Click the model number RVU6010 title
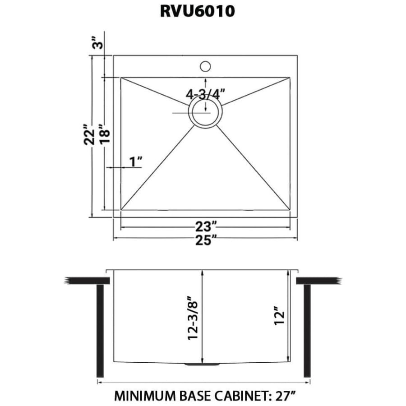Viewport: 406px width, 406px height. tap(197, 11)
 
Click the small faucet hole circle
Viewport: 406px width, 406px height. tap(205, 66)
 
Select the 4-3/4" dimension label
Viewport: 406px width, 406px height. tap(205, 94)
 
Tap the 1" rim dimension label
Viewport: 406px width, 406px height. tap(135, 161)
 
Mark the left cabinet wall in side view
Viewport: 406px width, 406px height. tap(100, 332)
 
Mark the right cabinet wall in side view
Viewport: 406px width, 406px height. tap(307, 332)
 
